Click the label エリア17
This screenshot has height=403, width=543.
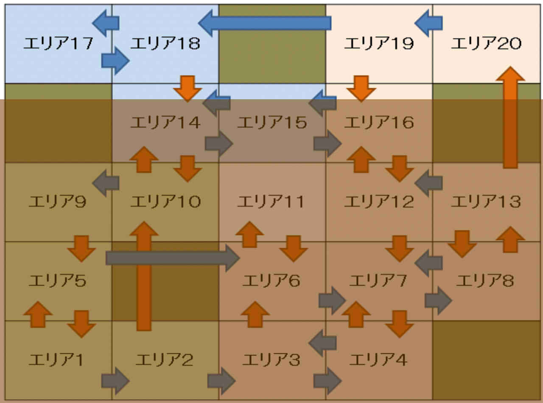click(58, 43)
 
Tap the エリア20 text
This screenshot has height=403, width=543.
click(486, 43)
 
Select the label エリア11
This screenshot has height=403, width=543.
click(270, 201)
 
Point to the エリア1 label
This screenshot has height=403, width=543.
click(56, 360)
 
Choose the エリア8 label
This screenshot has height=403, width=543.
click(484, 280)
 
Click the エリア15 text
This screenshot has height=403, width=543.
click(271, 123)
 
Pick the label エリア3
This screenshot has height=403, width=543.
click(271, 360)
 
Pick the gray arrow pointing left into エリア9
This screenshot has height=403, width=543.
click(106, 183)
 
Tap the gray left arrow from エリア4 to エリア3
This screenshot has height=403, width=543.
click(323, 343)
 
